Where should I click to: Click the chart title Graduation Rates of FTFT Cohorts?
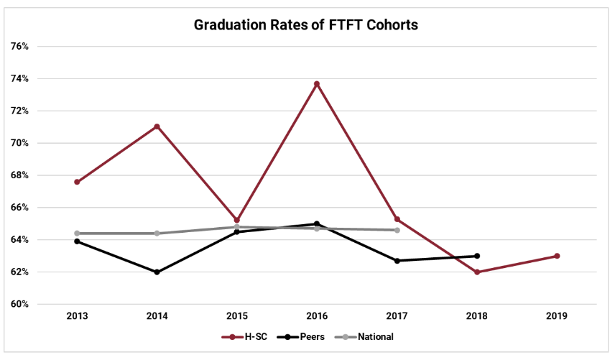tap(306, 25)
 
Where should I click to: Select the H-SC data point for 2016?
tap(317, 84)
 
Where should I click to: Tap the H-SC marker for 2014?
tap(157, 126)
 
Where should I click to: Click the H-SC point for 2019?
tap(557, 256)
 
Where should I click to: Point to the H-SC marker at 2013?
tap(77, 182)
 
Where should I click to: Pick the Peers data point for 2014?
tap(157, 272)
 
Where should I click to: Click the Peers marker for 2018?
tap(477, 256)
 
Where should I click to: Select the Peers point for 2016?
tap(317, 224)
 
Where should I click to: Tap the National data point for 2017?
tap(397, 230)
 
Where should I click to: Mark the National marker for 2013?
tap(77, 234)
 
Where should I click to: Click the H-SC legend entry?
tap(248, 336)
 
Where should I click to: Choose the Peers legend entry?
tap(302, 336)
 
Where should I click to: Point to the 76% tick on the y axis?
tap(19, 47)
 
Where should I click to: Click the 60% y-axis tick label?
tap(19, 305)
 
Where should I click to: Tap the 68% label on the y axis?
tap(19, 175)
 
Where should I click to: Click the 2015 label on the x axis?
tap(237, 316)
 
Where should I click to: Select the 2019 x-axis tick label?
tap(557, 316)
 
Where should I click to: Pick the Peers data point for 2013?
tap(77, 241)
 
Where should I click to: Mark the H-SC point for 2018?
tap(477, 272)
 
